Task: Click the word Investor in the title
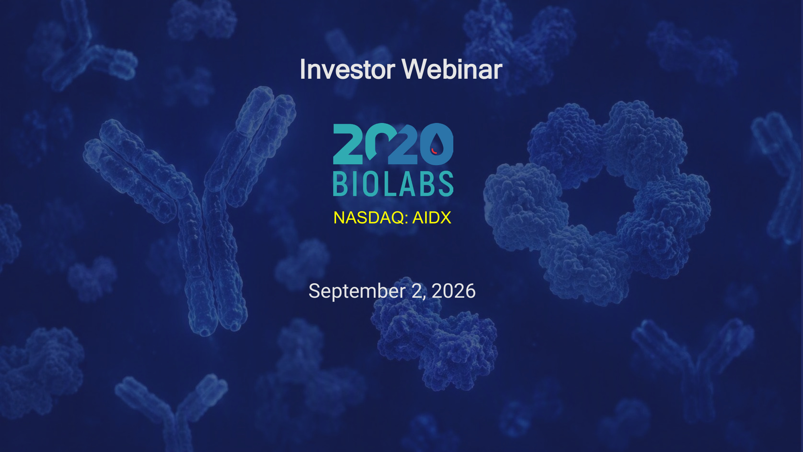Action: (348, 69)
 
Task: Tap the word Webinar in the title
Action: (452, 69)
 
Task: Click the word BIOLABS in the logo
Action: (393, 184)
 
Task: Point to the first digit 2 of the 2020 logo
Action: (348, 144)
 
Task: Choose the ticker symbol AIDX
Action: (432, 218)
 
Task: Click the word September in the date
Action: (357, 291)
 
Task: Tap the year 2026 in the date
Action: (454, 291)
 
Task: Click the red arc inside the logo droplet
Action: (434, 151)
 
